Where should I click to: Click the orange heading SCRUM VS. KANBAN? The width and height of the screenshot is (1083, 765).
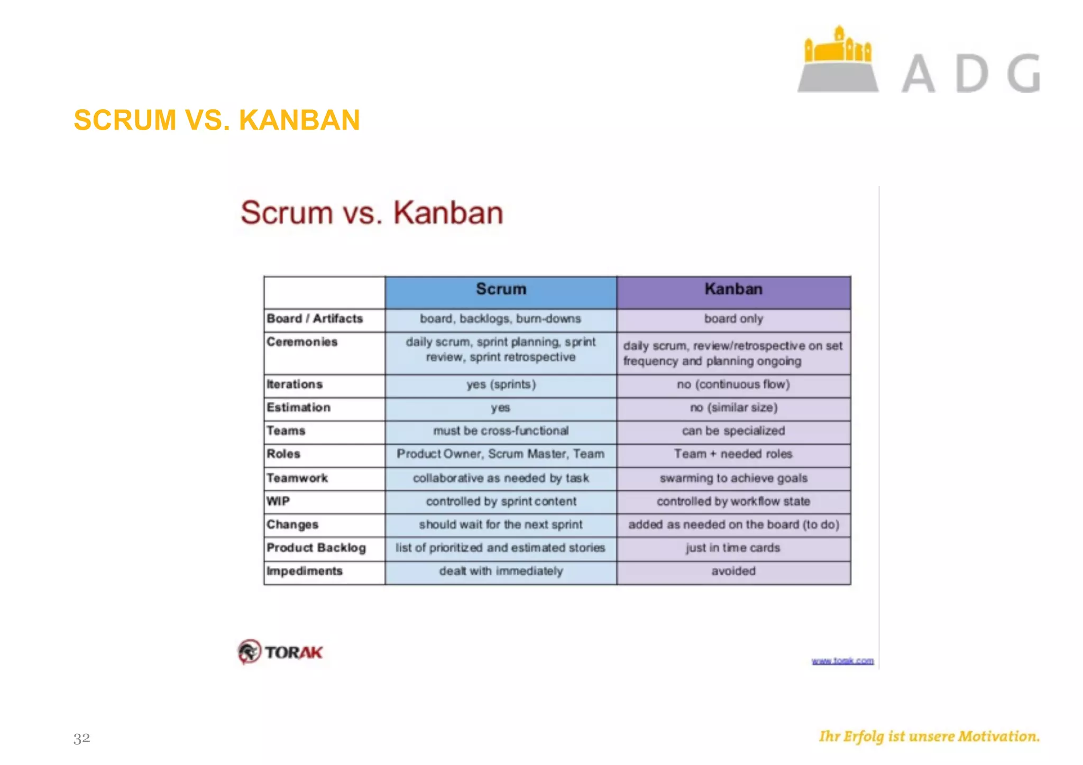coord(217,120)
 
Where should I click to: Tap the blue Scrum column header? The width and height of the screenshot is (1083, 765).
coord(501,289)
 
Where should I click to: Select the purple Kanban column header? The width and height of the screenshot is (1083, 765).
coord(733,289)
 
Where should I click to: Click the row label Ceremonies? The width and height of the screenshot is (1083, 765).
coord(302,342)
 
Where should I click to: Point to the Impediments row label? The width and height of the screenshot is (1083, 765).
coord(305,571)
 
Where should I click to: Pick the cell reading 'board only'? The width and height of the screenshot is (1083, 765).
coord(733,319)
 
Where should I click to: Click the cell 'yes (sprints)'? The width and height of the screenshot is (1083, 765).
coord(501,384)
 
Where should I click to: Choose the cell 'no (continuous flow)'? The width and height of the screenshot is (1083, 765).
coord(733,384)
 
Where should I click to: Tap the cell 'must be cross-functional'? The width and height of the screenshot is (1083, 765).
coord(501,431)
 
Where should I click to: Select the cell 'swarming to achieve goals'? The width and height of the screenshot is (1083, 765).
coord(733,478)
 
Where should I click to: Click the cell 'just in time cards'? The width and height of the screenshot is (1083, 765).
coord(733,548)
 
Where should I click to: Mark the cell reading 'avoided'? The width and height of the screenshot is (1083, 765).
coord(733,571)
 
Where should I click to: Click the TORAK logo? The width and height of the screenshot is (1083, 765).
coord(280,652)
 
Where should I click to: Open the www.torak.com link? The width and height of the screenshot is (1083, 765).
coord(842,661)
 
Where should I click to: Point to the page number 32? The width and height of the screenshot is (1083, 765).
coord(82,738)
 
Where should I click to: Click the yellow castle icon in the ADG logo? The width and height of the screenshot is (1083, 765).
coord(838,48)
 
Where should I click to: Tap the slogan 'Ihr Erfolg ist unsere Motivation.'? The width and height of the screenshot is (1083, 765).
coord(929,736)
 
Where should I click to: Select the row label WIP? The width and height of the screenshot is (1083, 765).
coord(278,501)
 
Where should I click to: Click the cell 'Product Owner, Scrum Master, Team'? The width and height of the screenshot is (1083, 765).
coord(501,454)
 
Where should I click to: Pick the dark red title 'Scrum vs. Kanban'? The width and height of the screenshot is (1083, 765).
coord(372,213)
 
